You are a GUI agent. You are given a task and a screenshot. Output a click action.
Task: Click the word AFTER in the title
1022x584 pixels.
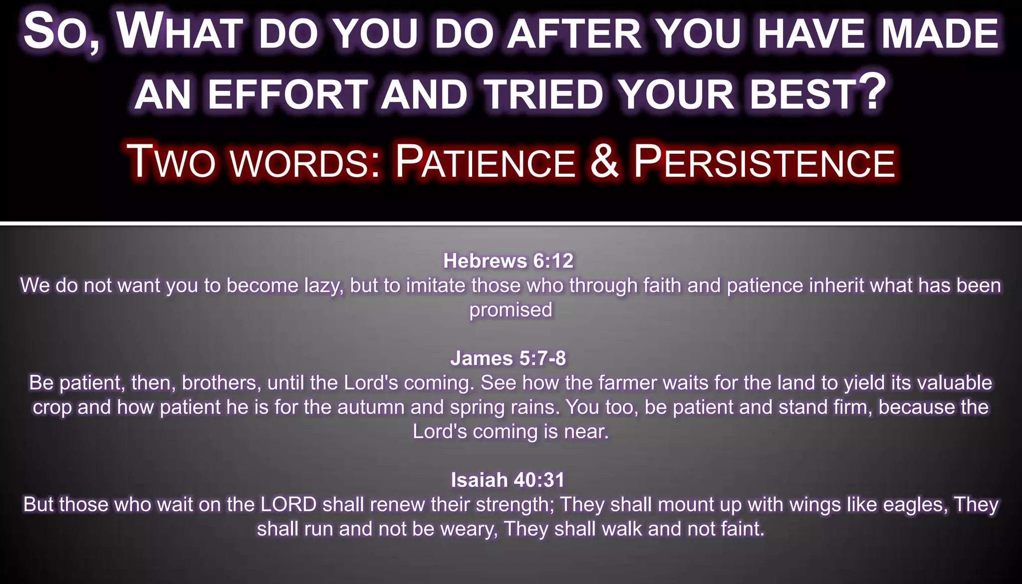574,34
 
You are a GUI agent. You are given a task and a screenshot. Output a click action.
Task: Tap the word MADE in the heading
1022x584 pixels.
941,34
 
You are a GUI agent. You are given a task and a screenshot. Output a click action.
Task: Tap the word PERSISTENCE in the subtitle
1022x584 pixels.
764,163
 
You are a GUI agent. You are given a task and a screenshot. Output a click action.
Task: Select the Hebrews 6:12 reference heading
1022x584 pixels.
509,261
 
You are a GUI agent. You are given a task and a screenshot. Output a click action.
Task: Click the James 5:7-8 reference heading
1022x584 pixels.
508,358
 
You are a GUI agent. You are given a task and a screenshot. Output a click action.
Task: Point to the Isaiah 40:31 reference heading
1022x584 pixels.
508,480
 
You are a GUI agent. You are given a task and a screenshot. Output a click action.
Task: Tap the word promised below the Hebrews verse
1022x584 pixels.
511,310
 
